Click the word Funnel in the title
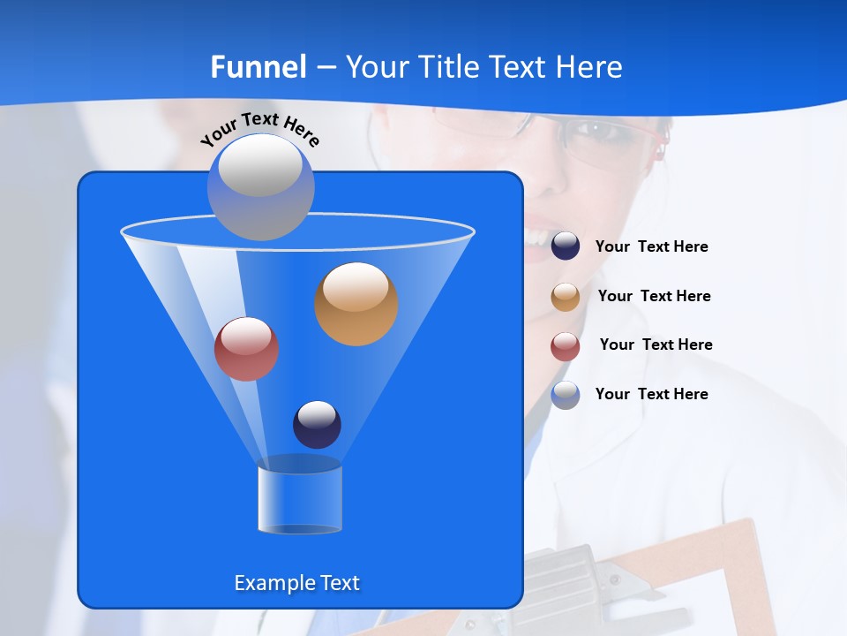[x=258, y=67]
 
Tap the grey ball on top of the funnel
[x=260, y=186]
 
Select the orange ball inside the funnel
[x=356, y=303]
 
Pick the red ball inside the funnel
[x=247, y=349]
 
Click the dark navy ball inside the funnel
[x=317, y=424]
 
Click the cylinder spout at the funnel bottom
[x=300, y=499]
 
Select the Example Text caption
[x=296, y=583]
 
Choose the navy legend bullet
[x=566, y=246]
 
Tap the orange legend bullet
[x=566, y=297]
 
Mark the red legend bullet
[x=566, y=346]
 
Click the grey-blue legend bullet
[x=566, y=395]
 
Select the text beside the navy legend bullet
[x=651, y=247]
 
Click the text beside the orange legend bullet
[x=654, y=297]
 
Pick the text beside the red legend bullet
[x=656, y=345]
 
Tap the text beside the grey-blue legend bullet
[x=651, y=395]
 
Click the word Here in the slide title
[x=588, y=67]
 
